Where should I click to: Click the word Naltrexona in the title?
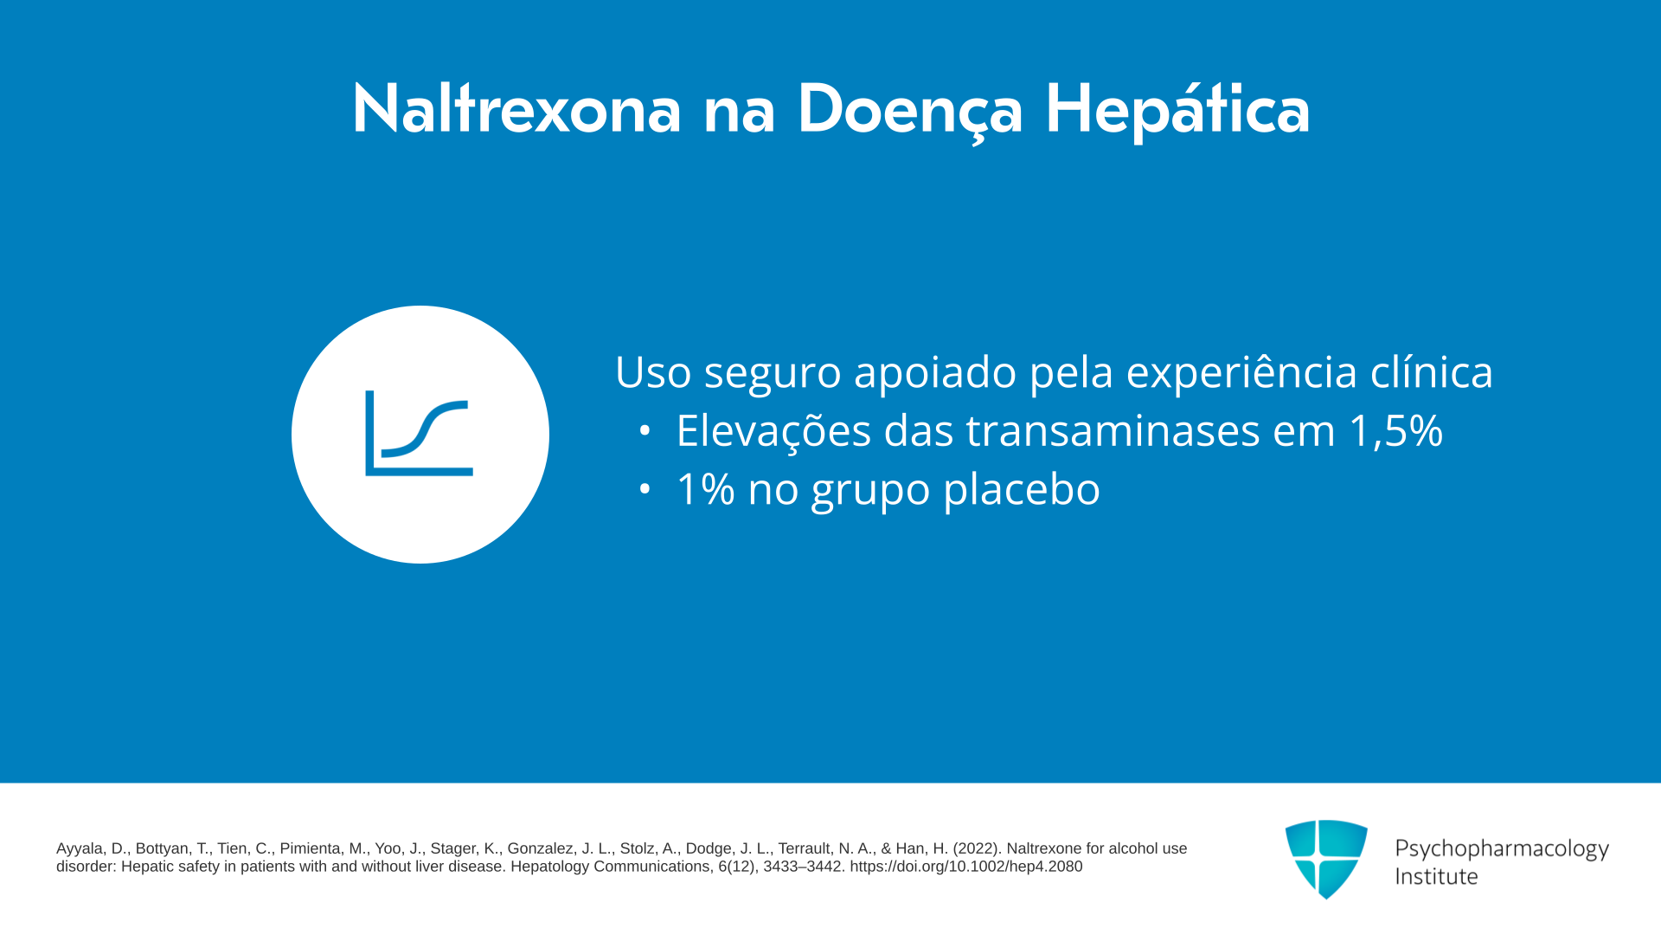516,109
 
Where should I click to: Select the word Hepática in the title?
1177,111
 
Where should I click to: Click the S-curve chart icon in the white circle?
420,433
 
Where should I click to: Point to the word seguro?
773,373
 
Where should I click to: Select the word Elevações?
773,430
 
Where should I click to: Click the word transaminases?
1113,430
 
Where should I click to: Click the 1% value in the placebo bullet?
705,489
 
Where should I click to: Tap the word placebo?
1022,490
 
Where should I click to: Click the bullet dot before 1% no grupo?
645,489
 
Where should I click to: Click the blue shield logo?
1326,859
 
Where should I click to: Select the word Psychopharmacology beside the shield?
1502,848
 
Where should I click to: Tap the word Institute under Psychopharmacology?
1436,876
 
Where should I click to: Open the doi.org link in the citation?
965,867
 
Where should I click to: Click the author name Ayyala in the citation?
80,849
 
